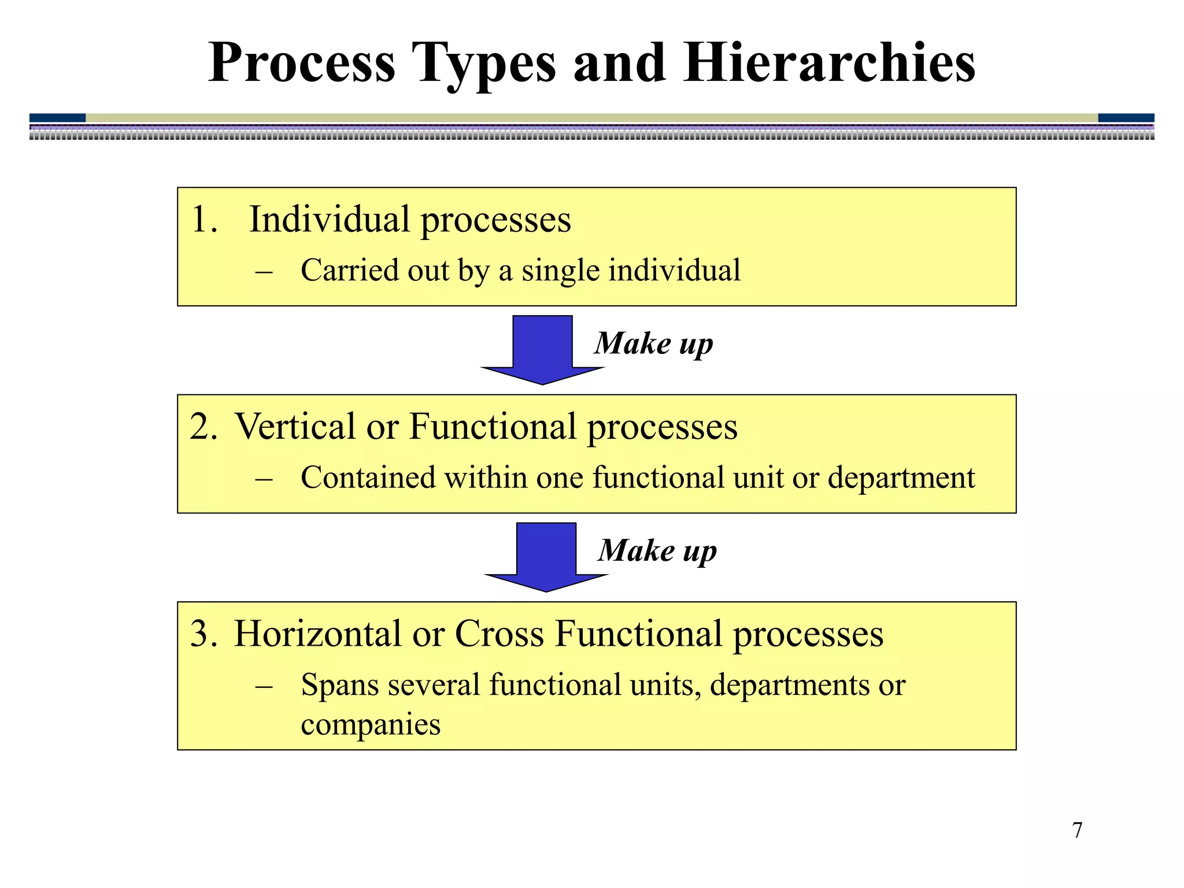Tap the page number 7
(x=1077, y=830)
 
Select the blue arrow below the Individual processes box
(x=542, y=349)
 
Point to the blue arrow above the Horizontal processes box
(x=546, y=556)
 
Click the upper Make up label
(x=654, y=343)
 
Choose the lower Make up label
(x=657, y=550)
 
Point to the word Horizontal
(x=317, y=634)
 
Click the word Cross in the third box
(x=499, y=634)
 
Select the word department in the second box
(x=901, y=479)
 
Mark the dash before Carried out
(x=264, y=271)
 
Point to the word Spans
(x=339, y=686)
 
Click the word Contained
(x=368, y=479)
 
